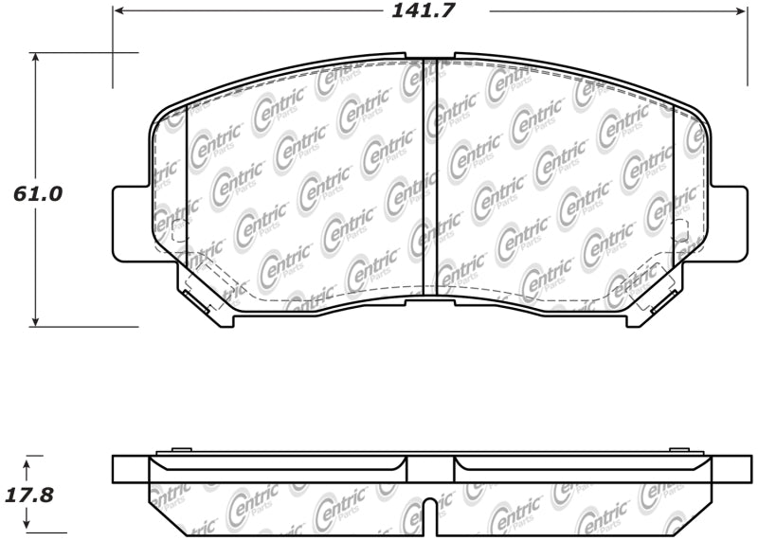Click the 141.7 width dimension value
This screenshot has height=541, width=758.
pyautogui.click(x=429, y=11)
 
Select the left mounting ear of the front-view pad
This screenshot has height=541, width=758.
pyautogui.click(x=131, y=223)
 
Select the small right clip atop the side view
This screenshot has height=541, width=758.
pyautogui.click(x=678, y=449)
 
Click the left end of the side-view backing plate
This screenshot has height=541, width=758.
pyautogui.click(x=131, y=468)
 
